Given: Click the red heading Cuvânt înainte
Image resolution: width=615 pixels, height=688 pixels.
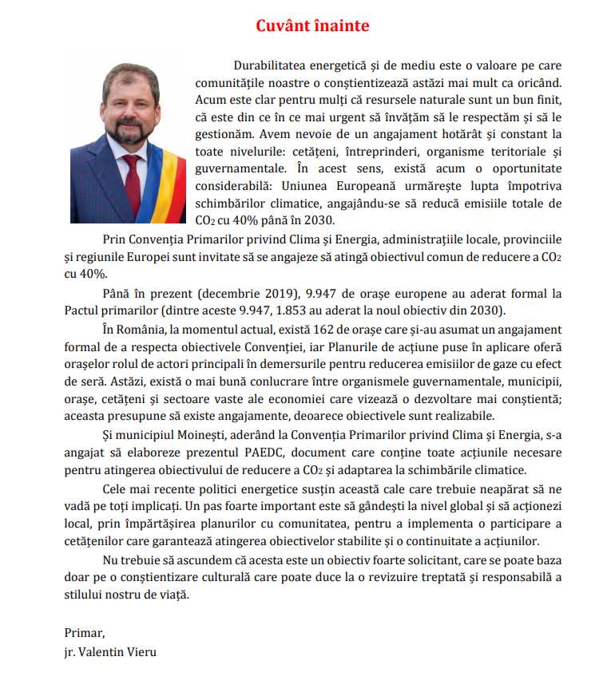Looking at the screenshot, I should (x=312, y=26).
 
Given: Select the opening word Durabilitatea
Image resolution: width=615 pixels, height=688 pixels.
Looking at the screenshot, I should (x=275, y=65).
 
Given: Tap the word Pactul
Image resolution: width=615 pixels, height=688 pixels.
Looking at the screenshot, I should (x=84, y=310).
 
